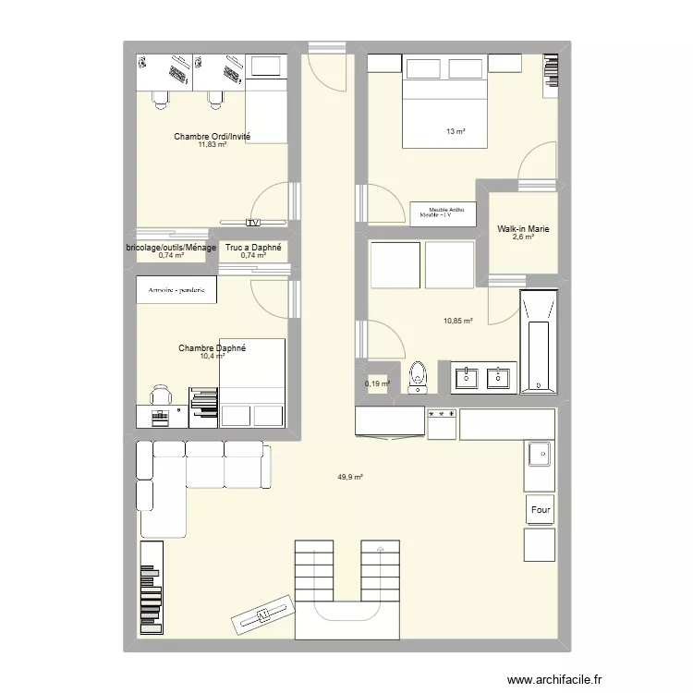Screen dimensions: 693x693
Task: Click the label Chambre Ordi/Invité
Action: pyautogui.click(x=213, y=137)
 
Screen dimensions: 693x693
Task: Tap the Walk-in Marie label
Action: pyautogui.click(x=524, y=228)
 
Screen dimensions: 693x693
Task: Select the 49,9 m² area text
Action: pyautogui.click(x=349, y=477)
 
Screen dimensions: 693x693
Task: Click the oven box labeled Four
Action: pyautogui.click(x=541, y=510)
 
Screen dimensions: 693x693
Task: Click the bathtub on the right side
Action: pyautogui.click(x=538, y=342)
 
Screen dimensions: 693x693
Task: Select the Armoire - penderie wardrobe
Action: pyautogui.click(x=176, y=290)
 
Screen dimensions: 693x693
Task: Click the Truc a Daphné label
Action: pyautogui.click(x=253, y=248)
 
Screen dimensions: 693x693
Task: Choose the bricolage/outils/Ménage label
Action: pyautogui.click(x=172, y=248)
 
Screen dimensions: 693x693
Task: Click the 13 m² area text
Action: pyautogui.click(x=455, y=132)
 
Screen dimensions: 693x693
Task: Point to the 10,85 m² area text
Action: pyautogui.click(x=458, y=322)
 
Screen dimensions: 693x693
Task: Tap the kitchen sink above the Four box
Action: pyautogui.click(x=539, y=454)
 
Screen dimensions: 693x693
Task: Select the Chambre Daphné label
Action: pyautogui.click(x=213, y=348)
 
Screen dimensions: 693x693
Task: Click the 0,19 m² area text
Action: pyautogui.click(x=377, y=383)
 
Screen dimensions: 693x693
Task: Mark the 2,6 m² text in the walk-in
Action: pyautogui.click(x=524, y=237)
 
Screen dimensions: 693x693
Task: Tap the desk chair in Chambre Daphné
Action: pyautogui.click(x=161, y=395)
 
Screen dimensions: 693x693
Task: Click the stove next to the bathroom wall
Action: pyautogui.click(x=442, y=423)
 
